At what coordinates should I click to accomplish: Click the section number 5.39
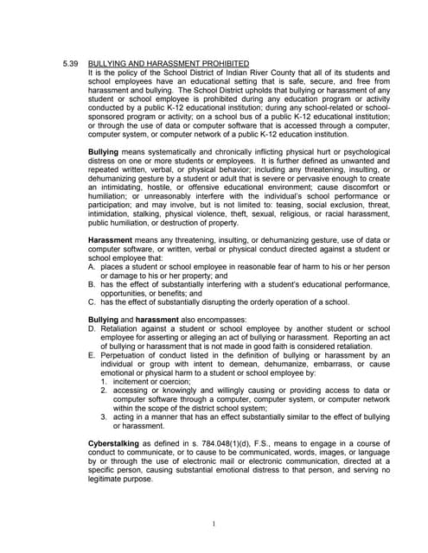(x=72, y=64)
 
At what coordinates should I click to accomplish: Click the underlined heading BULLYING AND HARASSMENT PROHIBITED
(x=169, y=64)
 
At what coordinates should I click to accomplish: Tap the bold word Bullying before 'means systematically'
(x=104, y=151)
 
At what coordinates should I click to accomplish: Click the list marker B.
(x=93, y=283)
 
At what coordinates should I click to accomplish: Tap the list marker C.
(x=93, y=302)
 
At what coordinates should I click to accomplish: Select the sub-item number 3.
(x=104, y=417)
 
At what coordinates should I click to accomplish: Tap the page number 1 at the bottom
(x=213, y=524)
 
